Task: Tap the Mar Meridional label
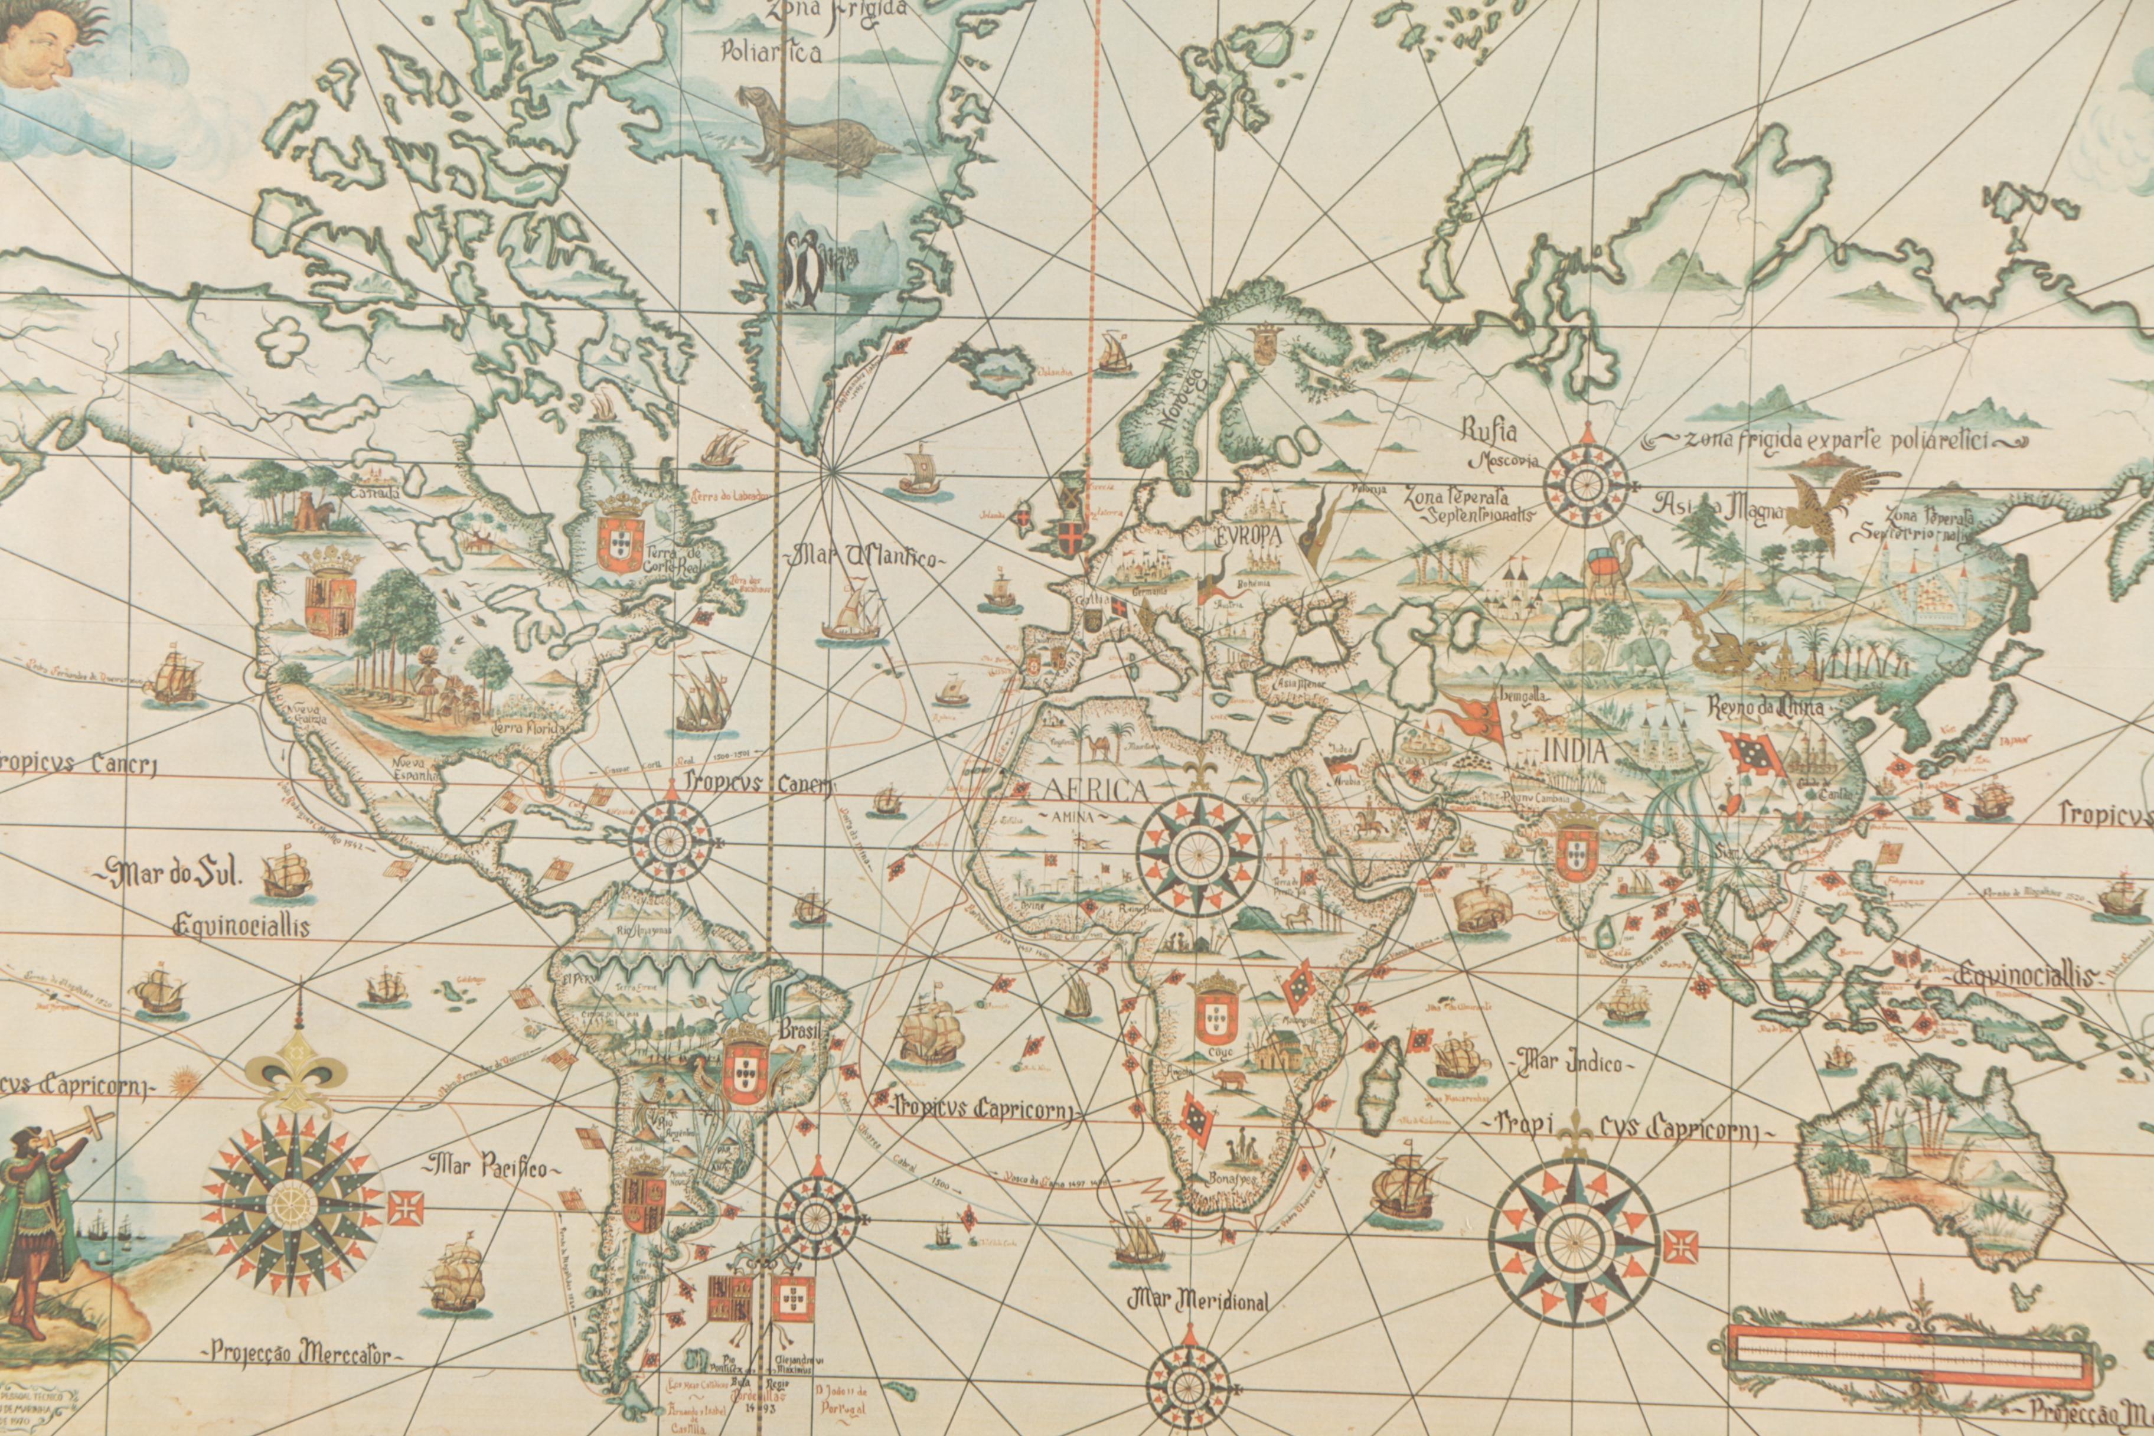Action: click(x=1199, y=1300)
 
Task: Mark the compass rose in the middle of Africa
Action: click(x=1198, y=854)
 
